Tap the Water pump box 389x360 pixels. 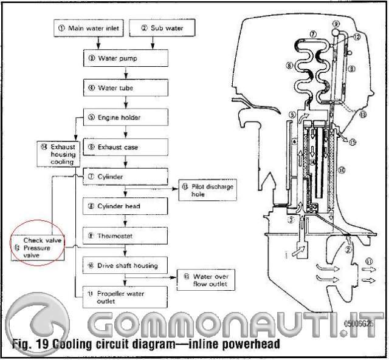125,59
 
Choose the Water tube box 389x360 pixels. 125,88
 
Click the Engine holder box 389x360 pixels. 125,117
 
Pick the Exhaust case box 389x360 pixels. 125,147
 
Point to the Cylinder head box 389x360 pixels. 125,206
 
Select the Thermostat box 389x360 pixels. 125,235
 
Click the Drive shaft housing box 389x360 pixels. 125,265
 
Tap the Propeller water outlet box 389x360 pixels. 125,297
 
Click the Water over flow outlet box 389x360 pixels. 204,279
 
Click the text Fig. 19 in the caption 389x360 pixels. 30,344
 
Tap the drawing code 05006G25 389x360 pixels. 363,325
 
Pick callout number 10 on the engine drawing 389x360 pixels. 341,171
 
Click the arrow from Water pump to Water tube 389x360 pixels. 125,73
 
